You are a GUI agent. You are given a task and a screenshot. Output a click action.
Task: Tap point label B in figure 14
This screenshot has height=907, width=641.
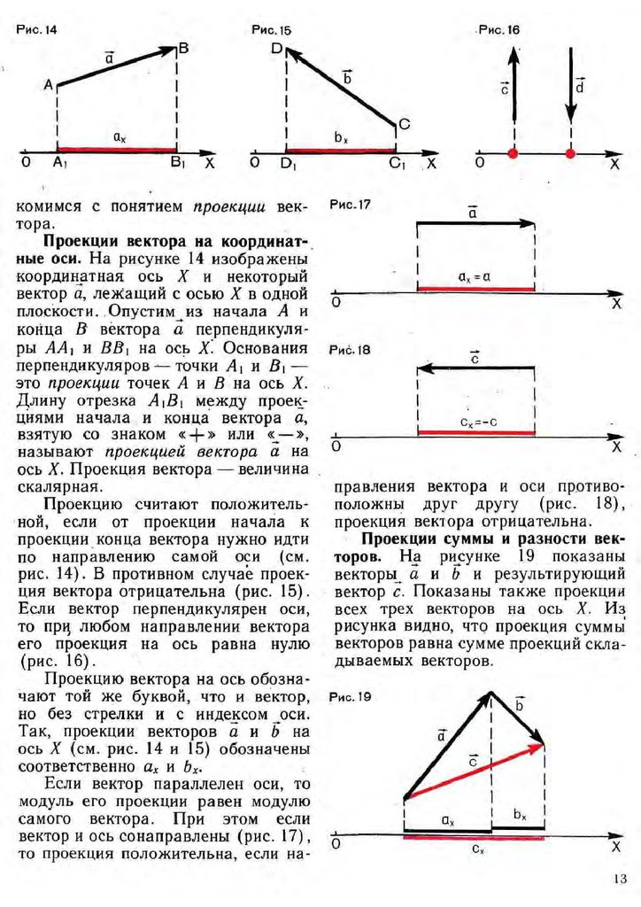point(183,49)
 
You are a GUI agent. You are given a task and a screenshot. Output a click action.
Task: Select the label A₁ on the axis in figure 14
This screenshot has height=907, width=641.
point(60,163)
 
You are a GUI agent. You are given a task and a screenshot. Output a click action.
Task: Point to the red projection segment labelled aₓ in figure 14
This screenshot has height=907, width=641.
point(117,149)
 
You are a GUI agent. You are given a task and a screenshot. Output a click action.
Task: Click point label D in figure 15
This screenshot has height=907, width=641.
point(276,50)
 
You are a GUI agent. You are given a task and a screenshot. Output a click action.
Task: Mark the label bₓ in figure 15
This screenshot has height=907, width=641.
point(341,137)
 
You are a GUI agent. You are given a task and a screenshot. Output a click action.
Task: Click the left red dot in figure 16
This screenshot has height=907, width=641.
point(512,154)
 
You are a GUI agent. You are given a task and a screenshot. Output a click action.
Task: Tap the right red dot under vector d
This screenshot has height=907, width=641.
point(570,154)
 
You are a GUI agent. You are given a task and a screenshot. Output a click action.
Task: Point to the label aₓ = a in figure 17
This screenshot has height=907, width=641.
point(475,276)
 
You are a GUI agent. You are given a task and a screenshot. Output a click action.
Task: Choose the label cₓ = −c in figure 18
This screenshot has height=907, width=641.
point(476,420)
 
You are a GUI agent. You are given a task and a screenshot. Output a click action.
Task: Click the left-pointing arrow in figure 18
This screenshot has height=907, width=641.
point(475,367)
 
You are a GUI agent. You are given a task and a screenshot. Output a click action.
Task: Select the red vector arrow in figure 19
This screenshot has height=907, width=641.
point(474,771)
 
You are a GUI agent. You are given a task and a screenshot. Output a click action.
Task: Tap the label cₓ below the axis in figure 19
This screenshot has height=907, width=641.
point(477,849)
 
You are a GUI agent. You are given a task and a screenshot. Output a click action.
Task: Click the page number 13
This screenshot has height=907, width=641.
point(619,878)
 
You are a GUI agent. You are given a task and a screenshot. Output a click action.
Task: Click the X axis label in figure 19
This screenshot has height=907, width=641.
point(615,848)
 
